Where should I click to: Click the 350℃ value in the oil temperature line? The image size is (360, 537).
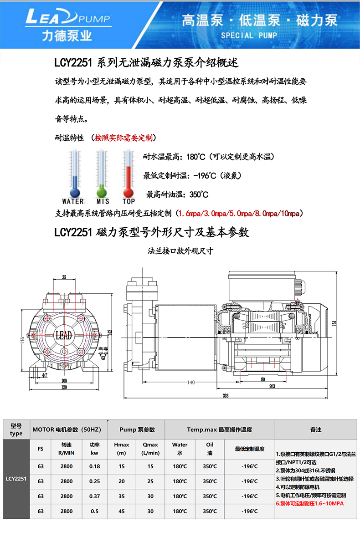(x=199, y=194)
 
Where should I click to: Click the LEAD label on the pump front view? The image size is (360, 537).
(x=63, y=336)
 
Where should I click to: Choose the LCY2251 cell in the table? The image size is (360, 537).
(x=16, y=479)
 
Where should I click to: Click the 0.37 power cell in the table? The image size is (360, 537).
(x=94, y=496)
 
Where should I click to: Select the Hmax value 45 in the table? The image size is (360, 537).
(x=122, y=511)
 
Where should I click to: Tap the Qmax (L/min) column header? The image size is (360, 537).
(x=151, y=449)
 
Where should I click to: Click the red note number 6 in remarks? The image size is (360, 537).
(x=278, y=503)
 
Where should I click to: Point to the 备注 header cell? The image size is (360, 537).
(x=315, y=429)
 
